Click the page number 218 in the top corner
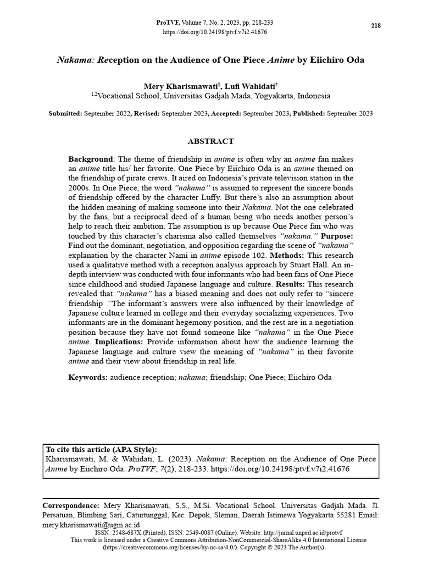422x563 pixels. pos(376,26)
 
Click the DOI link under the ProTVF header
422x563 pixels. pos(215,32)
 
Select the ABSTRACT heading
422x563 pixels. pos(210,141)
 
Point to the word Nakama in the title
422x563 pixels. pos(75,59)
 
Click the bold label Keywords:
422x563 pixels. pos(88,378)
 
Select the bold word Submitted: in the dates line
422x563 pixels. pos(65,114)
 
